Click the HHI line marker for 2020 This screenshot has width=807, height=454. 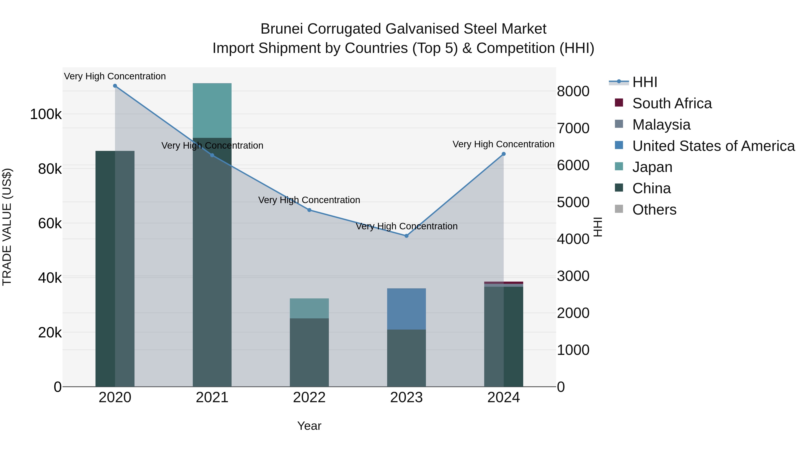click(115, 86)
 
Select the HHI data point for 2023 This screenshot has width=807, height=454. click(406, 236)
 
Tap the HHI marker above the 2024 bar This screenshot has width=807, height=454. click(503, 154)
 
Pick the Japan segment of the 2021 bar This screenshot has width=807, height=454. click(212, 110)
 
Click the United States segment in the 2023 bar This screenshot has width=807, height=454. click(406, 309)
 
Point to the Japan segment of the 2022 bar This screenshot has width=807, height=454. click(309, 308)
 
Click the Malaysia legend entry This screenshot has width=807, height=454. click(661, 125)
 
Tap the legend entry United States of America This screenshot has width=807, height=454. click(713, 146)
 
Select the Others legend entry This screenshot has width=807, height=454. click(654, 210)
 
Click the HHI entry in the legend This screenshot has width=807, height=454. click(644, 82)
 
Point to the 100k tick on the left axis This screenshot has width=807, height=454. click(46, 114)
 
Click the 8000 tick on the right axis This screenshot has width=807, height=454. click(573, 91)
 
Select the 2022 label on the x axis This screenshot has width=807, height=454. click(309, 398)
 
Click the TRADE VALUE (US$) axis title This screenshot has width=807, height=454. click(7, 227)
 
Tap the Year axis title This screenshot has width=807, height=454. click(309, 426)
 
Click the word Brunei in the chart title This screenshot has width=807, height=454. click(281, 29)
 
